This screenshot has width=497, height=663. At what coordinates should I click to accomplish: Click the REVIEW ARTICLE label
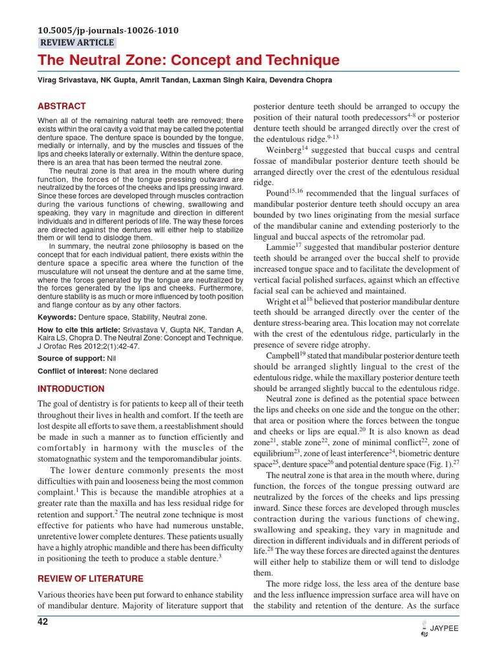tap(77, 43)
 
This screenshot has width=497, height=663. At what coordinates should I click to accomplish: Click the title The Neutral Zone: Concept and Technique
tap(188, 61)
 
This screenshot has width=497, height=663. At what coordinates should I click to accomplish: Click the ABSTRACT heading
tap(61, 106)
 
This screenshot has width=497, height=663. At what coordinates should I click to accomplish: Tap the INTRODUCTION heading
tap(71, 389)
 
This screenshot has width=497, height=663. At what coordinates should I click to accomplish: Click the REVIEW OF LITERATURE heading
tap(91, 578)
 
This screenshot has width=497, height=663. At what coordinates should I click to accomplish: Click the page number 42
tap(43, 622)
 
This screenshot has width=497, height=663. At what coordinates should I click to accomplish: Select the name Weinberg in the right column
tap(283, 150)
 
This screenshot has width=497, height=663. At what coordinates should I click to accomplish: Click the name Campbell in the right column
tap(282, 355)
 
